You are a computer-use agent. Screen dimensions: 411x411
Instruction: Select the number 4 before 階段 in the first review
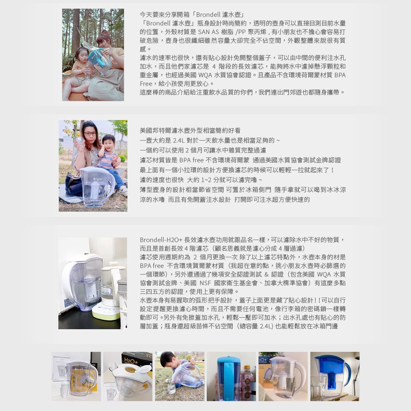point(214,67)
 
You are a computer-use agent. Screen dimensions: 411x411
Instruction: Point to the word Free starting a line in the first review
point(146,84)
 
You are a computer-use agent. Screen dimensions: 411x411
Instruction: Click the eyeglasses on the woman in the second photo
point(90,134)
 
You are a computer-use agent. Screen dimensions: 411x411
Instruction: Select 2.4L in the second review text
point(179,141)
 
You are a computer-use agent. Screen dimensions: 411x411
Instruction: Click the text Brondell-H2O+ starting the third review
point(161,240)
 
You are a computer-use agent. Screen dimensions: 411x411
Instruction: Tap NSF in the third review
point(205,283)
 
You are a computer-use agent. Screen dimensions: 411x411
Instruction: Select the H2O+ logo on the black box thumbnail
point(131,361)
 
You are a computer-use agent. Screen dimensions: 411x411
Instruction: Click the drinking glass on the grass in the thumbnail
point(171,388)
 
